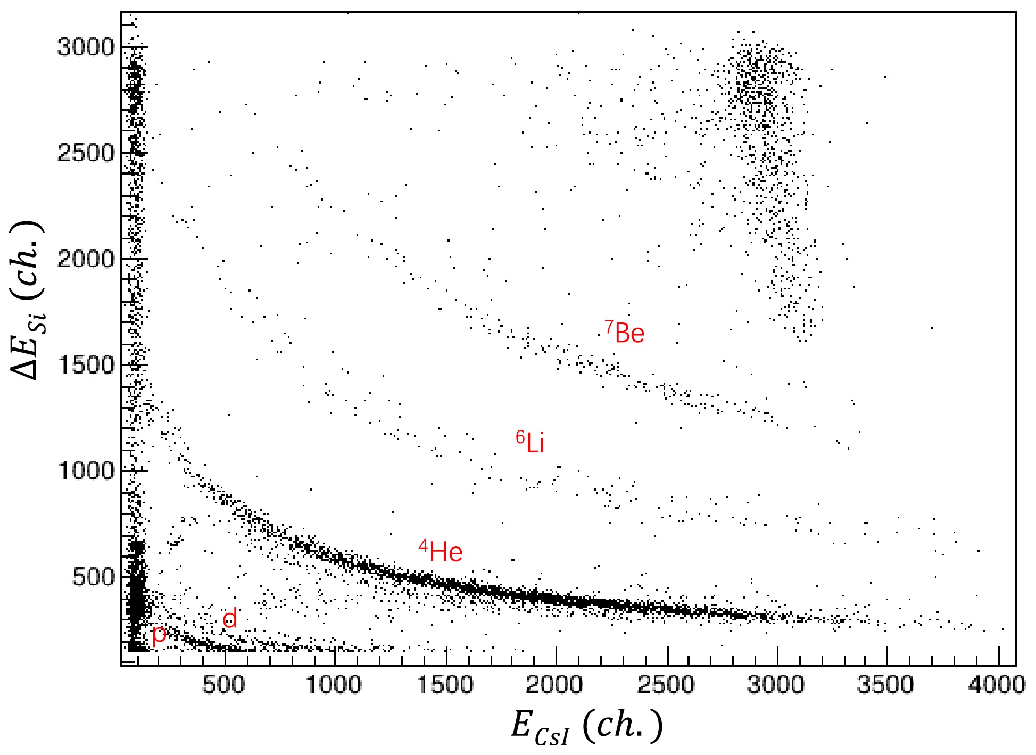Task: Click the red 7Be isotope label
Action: click(625, 333)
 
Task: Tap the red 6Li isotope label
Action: click(531, 443)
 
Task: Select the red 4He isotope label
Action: click(441, 552)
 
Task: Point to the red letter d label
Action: click(230, 619)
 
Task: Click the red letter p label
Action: click(159, 635)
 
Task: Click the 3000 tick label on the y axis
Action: click(86, 47)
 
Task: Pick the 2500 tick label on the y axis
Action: click(86, 153)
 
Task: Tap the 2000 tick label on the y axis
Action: click(86, 259)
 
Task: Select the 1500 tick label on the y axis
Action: click(86, 365)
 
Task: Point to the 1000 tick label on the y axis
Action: click(86, 471)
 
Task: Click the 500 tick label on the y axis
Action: click(94, 577)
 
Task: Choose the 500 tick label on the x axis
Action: click(223, 685)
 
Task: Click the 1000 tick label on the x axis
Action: click(334, 685)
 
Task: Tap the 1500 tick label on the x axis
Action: click(445, 685)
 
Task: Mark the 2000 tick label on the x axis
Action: click(556, 685)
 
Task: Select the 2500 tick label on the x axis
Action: click(666, 685)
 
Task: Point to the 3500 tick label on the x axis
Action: click(887, 685)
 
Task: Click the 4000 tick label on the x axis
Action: click(997, 685)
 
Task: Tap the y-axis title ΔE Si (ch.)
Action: click(28, 301)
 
